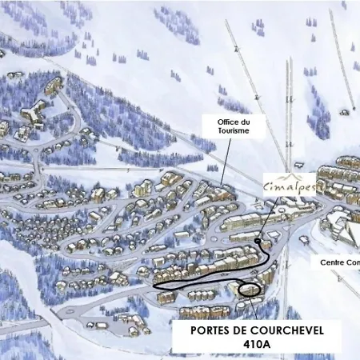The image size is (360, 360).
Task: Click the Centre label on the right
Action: [335, 262]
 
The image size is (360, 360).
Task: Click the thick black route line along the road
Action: [200, 282]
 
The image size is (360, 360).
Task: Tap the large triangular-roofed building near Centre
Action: [344, 231]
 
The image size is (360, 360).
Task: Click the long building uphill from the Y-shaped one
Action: [52, 85]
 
